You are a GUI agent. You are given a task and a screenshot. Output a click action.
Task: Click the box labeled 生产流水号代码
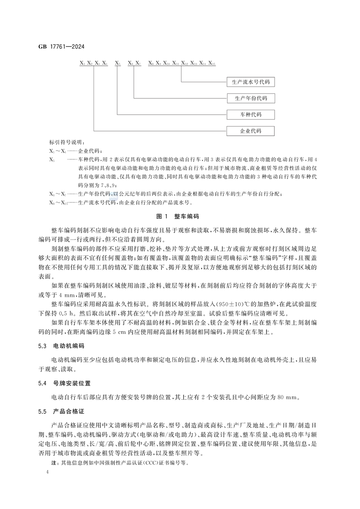click(x=251, y=82)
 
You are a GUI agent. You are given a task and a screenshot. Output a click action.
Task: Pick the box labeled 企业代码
click(x=251, y=131)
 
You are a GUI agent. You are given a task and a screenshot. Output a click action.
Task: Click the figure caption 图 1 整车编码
click(x=180, y=217)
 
